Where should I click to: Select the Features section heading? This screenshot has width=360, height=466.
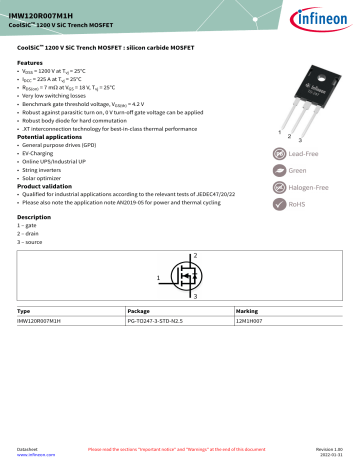31,62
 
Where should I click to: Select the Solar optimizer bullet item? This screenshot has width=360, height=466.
47,178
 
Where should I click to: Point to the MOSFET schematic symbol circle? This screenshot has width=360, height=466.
182,275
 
